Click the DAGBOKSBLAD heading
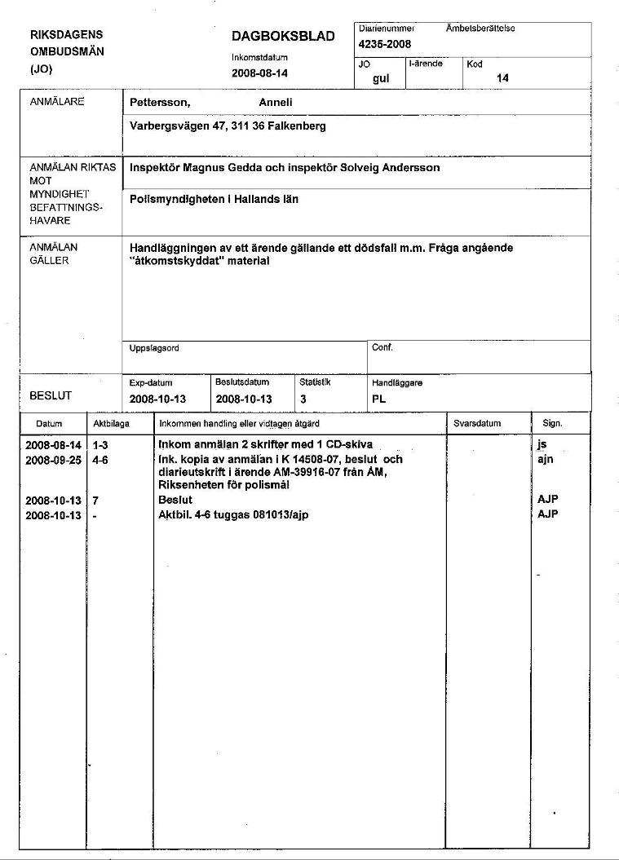tap(283, 36)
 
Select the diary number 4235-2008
tap(385, 44)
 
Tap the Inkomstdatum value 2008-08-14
tap(259, 73)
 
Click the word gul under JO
tap(381, 78)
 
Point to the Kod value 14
tap(502, 78)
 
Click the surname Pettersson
tap(160, 103)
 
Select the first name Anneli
tap(276, 103)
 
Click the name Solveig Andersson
tap(393, 168)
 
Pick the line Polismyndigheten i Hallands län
tap(214, 199)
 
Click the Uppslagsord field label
tap(155, 348)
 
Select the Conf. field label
tap(382, 348)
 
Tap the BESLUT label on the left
tap(51, 396)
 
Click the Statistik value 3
tap(303, 399)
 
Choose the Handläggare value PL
tap(378, 399)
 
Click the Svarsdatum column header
tap(477, 424)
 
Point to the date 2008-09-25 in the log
tap(54, 460)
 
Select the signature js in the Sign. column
tap(542, 445)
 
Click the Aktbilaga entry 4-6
tap(101, 460)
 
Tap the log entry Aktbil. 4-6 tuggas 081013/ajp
tap(233, 515)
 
